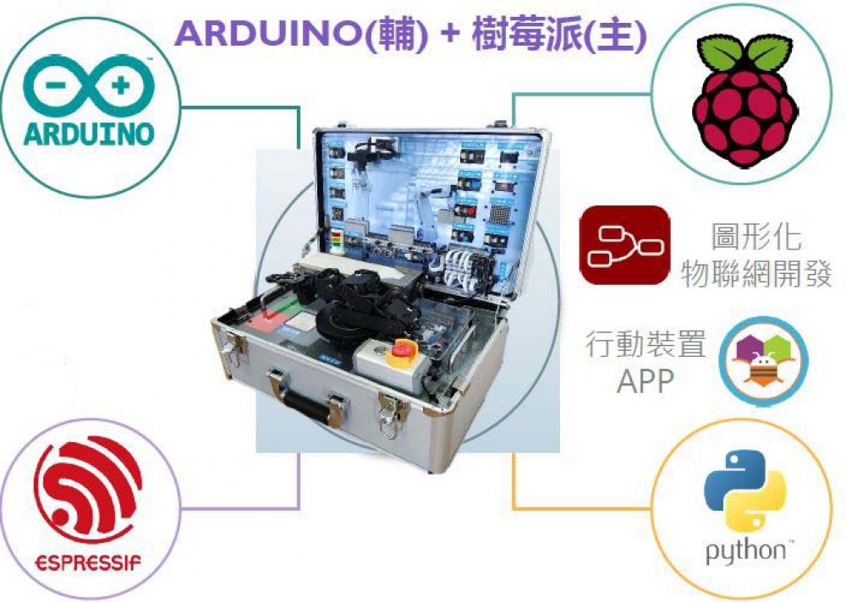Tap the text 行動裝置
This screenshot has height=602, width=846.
645,345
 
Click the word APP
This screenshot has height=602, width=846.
645,382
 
